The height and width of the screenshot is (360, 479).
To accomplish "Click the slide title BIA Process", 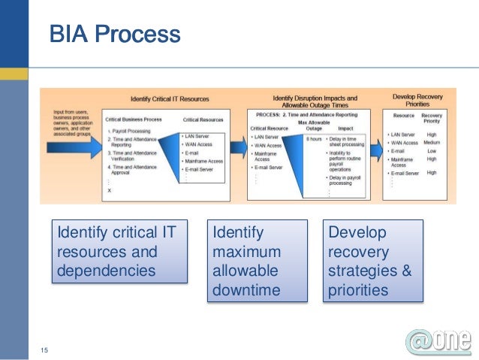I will (115, 35).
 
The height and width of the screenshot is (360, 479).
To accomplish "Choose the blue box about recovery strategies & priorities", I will (371, 260).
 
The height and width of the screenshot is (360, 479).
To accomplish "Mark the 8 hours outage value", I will (313, 140).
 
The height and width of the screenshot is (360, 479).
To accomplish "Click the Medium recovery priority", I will (432, 142).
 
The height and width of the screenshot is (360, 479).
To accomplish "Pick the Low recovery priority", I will (431, 150).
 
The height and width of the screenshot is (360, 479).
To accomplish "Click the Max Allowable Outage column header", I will (313, 125).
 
